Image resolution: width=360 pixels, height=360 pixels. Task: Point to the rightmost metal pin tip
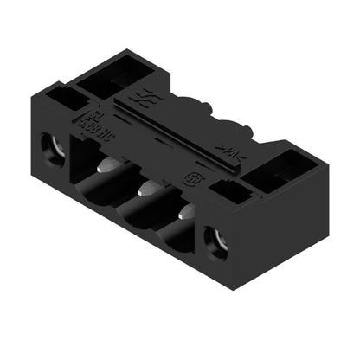pyautogui.click(x=186, y=213)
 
